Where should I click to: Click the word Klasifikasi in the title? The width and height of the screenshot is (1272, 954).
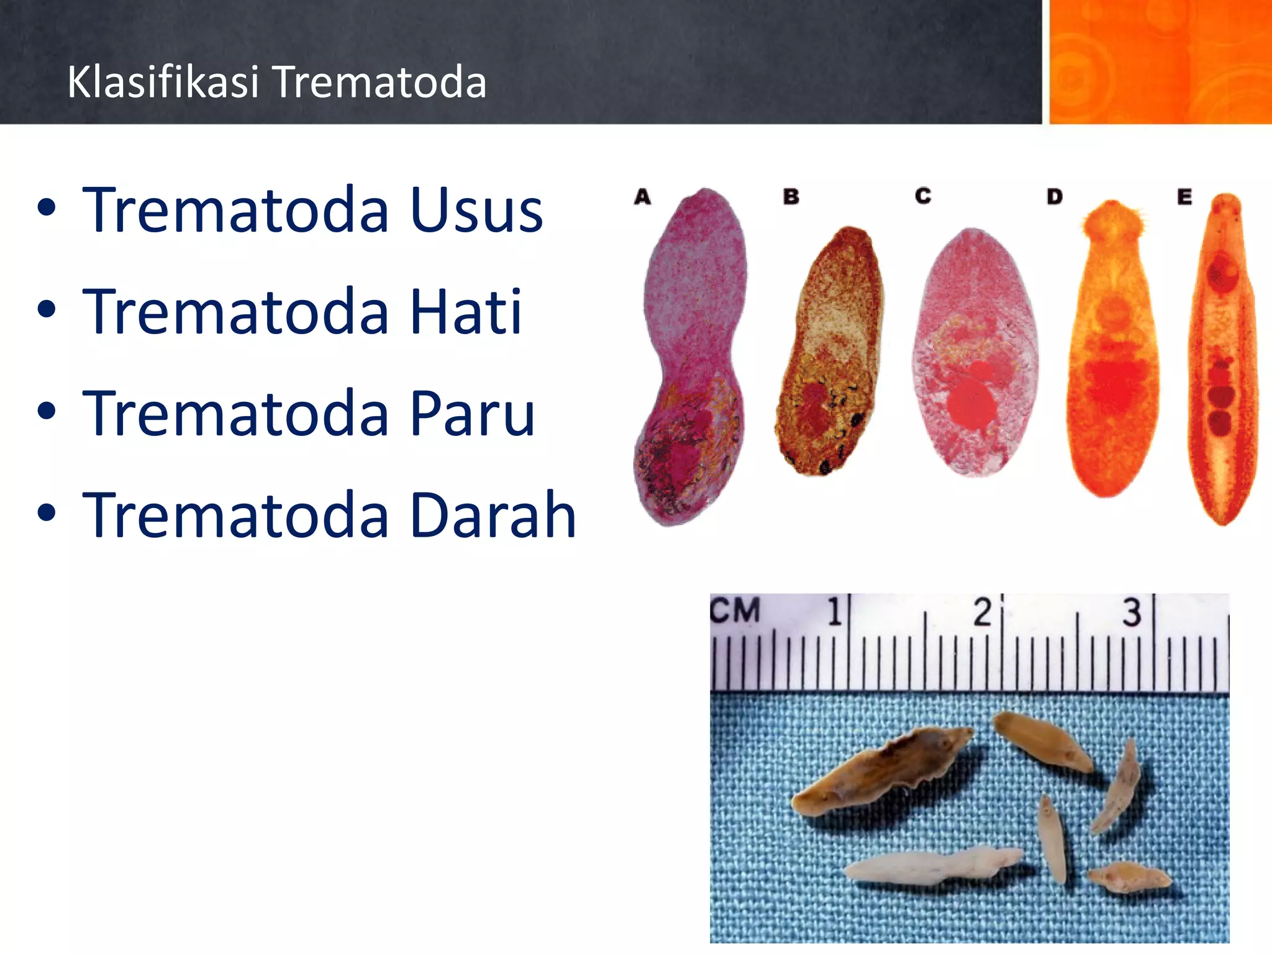(163, 82)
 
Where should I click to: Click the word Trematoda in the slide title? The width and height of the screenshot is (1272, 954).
(380, 82)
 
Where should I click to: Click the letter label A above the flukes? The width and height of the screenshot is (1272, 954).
(642, 197)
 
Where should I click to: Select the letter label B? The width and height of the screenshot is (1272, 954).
(791, 197)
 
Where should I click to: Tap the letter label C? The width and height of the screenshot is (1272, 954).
(923, 196)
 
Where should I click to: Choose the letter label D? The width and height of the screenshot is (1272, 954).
(1055, 197)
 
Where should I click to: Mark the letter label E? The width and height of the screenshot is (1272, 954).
(1184, 197)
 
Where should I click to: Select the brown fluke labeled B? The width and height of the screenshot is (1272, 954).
(829, 351)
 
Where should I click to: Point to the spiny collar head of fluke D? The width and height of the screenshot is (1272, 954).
(1113, 220)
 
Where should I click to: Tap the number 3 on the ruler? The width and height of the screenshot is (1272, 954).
(1132, 612)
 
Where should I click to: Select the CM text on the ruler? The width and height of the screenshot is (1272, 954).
(735, 610)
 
